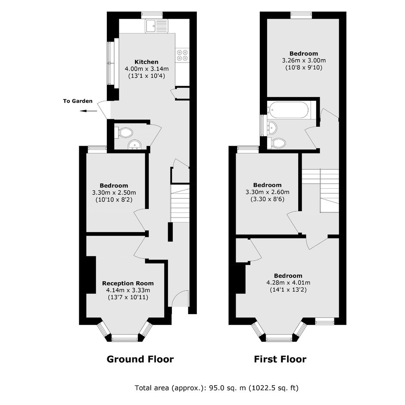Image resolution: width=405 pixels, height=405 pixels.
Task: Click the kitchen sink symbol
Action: pyautogui.click(x=156, y=26)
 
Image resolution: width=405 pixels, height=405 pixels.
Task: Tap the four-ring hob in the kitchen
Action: pyautogui.click(x=182, y=55)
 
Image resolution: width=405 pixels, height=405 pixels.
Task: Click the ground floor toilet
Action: pyautogui.click(x=124, y=133)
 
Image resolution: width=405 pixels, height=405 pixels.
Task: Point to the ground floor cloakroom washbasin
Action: pyautogui.click(x=135, y=145)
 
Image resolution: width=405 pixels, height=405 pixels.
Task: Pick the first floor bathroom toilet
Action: pyautogui.click(x=277, y=143)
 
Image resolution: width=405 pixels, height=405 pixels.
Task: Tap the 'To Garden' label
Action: pyautogui.click(x=78, y=101)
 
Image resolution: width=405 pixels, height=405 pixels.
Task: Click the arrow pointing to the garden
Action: pyautogui.click(x=88, y=111)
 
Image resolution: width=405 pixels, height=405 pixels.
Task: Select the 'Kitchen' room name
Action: pyautogui.click(x=146, y=62)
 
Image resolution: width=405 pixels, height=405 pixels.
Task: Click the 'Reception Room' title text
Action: pyautogui.click(x=128, y=283)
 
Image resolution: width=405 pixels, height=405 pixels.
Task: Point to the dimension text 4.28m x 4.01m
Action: pyautogui.click(x=288, y=283)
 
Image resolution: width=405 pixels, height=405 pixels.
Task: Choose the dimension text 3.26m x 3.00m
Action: pyautogui.click(x=304, y=60)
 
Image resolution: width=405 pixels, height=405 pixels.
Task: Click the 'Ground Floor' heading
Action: pyautogui.click(x=140, y=359)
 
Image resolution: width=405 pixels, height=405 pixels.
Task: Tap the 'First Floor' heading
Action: pyautogui.click(x=280, y=359)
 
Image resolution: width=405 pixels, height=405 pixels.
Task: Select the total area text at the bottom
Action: pyautogui.click(x=216, y=388)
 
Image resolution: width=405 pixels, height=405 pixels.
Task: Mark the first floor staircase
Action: pyautogui.click(x=321, y=190)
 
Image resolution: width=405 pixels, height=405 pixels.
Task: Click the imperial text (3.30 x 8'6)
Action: pyautogui.click(x=267, y=199)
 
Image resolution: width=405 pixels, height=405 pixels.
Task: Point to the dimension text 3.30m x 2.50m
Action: pyautogui.click(x=114, y=193)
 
